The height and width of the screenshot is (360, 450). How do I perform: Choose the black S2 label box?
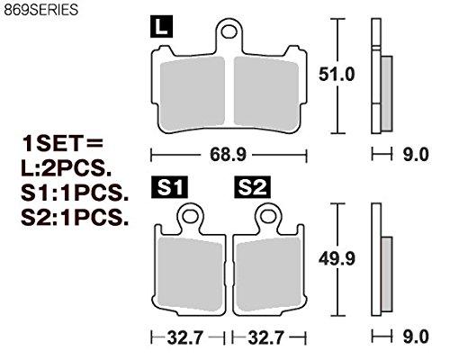(251, 187)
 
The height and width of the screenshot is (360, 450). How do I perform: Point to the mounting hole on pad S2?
(267, 216)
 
